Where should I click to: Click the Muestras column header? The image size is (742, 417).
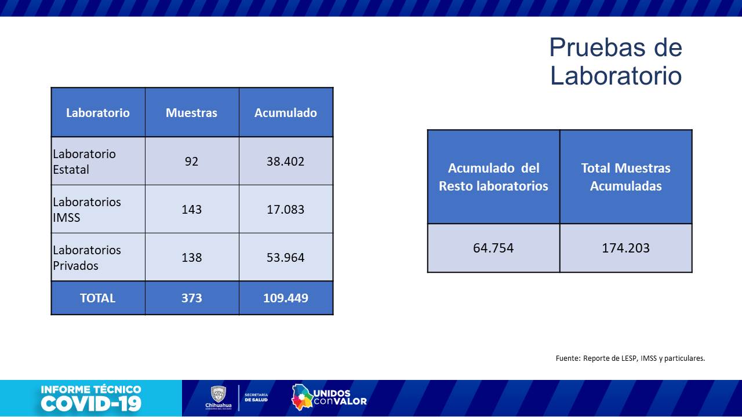[191, 112]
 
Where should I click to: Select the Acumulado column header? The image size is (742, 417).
[285, 112]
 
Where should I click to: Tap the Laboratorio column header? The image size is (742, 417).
[97, 112]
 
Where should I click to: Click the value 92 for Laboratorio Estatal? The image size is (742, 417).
[191, 161]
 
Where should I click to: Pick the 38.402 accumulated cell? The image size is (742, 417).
[285, 161]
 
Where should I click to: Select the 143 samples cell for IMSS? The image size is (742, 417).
[191, 209]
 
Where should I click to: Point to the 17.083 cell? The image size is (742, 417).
[285, 209]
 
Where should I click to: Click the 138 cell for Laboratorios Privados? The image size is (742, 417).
[191, 257]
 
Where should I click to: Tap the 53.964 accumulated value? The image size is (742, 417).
[285, 257]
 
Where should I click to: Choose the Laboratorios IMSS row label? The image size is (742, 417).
[87, 210]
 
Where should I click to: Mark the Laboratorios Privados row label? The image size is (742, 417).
[87, 258]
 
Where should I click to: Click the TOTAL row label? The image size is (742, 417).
[97, 298]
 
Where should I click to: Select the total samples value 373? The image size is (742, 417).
[191, 298]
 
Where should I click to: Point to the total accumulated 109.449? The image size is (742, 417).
[285, 298]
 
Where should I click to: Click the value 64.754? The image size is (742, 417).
[493, 248]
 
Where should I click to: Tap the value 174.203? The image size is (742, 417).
[625, 248]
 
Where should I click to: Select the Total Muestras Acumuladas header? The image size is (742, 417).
[625, 177]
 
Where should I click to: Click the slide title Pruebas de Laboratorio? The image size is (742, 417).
[616, 61]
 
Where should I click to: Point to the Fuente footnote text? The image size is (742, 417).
[630, 358]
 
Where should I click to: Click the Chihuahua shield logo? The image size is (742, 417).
[218, 394]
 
